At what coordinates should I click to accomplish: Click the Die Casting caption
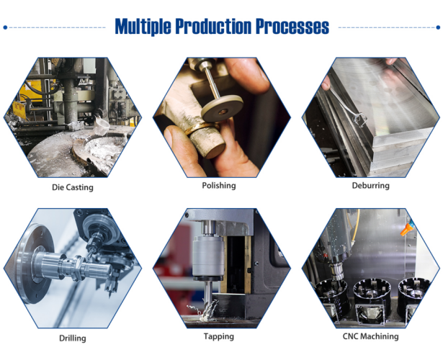coord(73,187)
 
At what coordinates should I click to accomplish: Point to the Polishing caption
coord(219,185)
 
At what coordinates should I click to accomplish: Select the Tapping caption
coord(219,336)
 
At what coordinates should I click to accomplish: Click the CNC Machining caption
coord(370,336)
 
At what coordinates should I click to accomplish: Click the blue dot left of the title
coord(6,27)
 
